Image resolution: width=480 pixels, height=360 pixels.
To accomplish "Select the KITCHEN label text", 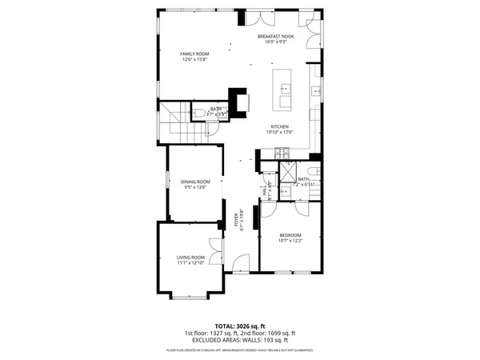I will coord(279,127).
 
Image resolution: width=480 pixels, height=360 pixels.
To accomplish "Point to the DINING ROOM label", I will coord(194,182).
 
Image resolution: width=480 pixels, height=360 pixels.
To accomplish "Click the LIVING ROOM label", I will coord(190,257).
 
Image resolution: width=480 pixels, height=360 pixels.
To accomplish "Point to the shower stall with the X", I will coord(286,174).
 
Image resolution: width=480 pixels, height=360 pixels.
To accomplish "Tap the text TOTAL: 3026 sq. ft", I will coord(240,326).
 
